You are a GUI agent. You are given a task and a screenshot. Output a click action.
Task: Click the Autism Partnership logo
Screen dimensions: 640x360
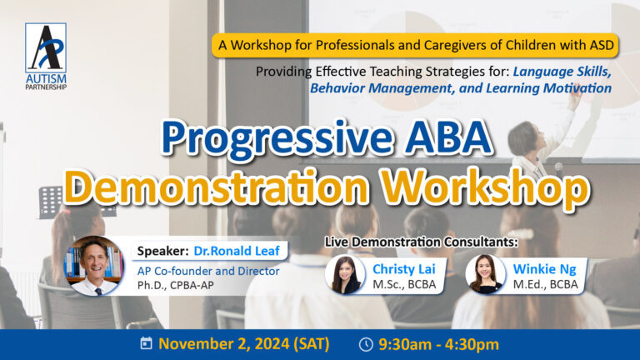point(46,56)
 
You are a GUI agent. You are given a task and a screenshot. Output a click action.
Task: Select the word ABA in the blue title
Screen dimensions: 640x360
point(449,137)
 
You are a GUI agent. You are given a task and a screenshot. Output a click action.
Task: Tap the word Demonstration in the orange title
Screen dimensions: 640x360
point(217,186)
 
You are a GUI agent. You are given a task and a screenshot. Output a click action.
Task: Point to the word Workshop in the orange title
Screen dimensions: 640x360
point(486,187)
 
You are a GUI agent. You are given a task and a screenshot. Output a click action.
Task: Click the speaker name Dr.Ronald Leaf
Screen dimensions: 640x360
point(237,251)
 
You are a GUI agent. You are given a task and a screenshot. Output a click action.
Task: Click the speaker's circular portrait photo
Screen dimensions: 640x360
point(95,266)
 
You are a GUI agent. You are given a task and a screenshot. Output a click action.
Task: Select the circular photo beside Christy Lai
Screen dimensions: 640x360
point(345,274)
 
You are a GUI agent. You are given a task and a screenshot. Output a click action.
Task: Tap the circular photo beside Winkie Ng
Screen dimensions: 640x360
point(485,274)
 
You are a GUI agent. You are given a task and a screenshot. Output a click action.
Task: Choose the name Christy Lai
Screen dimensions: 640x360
point(403,269)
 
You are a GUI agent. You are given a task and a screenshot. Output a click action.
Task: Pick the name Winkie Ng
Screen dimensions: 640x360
point(544,269)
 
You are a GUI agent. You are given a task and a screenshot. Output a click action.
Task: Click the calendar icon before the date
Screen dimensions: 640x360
point(146,342)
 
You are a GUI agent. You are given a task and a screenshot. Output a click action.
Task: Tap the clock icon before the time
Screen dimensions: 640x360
point(366,344)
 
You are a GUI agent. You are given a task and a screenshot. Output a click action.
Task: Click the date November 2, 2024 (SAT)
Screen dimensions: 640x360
point(243,343)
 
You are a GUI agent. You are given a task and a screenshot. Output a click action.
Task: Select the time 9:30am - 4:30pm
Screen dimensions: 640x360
point(439,344)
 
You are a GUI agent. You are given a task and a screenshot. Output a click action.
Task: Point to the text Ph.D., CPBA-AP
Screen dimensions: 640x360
point(176,285)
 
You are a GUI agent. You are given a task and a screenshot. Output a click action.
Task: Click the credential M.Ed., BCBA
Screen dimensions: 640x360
point(545,284)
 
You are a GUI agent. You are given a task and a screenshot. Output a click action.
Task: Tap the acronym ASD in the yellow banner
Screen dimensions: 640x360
point(602,45)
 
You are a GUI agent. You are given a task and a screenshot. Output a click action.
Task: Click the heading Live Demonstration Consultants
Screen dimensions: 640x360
point(421,242)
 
